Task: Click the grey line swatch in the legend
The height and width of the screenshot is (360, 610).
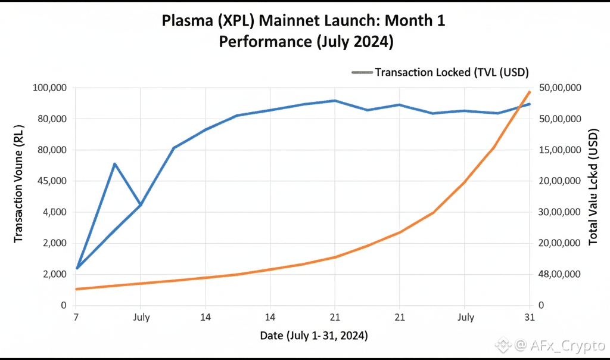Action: pyautogui.click(x=362, y=72)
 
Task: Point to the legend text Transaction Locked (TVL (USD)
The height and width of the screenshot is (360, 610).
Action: pyautogui.click(x=452, y=72)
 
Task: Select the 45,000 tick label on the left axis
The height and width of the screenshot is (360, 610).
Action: pyautogui.click(x=49, y=181)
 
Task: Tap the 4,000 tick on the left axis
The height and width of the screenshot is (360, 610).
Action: pyautogui.click(x=52, y=212)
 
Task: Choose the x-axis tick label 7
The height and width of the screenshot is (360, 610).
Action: pyautogui.click(x=76, y=317)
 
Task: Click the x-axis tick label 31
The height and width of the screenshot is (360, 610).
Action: pyautogui.click(x=530, y=317)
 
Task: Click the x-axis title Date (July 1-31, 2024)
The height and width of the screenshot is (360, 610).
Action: pyautogui.click(x=314, y=336)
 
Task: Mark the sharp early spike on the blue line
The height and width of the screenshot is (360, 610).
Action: pyautogui.click(x=114, y=163)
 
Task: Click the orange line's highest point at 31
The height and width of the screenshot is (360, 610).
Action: pyautogui.click(x=530, y=91)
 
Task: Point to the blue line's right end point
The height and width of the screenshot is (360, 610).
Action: pyautogui.click(x=530, y=104)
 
